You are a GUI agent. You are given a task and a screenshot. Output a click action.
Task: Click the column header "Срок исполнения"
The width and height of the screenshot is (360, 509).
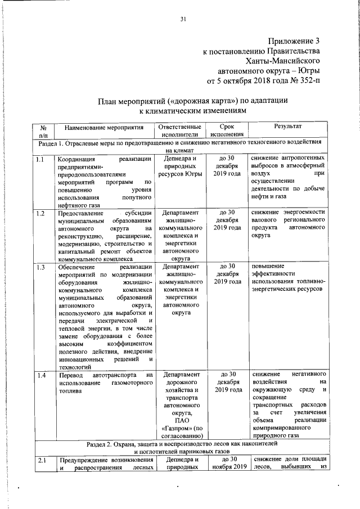pyautogui.click(x=227, y=131)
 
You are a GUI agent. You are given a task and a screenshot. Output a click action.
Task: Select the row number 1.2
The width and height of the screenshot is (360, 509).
pyautogui.click(x=40, y=213)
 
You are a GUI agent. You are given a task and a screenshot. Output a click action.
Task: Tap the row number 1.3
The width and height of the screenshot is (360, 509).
pyautogui.click(x=40, y=267)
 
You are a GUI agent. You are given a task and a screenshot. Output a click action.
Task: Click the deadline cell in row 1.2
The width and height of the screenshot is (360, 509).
pyautogui.click(x=227, y=220)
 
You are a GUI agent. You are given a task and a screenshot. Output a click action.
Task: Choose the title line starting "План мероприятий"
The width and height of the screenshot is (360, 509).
pyautogui.click(x=193, y=101)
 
